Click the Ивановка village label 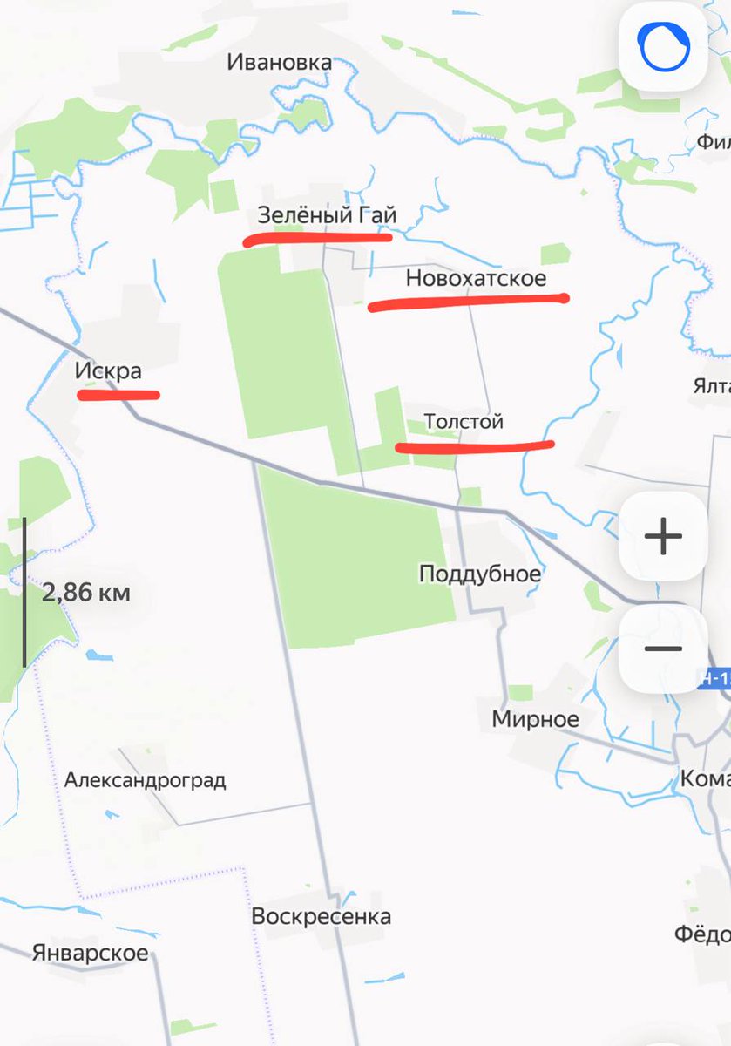(x=279, y=62)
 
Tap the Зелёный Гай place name (x=327, y=214)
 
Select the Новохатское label (x=476, y=278)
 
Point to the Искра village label (x=108, y=371)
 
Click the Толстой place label (x=464, y=422)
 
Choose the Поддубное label (x=480, y=574)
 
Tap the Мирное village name (x=535, y=719)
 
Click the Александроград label (x=145, y=779)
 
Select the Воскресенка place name (x=321, y=916)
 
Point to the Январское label (x=90, y=953)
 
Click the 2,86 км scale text (x=86, y=594)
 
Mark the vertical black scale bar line (x=24, y=593)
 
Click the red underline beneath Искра (x=118, y=395)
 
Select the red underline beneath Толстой (x=475, y=447)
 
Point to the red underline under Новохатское (x=469, y=302)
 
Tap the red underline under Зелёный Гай (x=317, y=237)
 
